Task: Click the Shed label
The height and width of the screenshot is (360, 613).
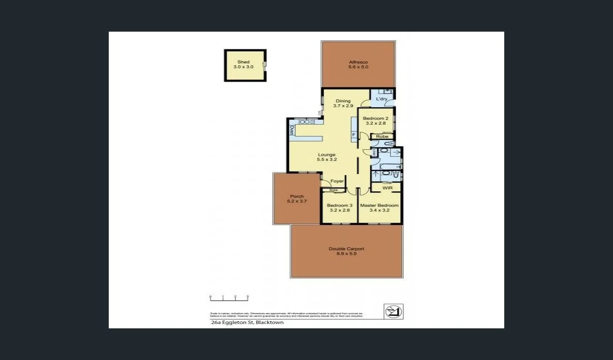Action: coord(243,62)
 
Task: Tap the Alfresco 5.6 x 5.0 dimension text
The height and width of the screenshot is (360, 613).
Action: coord(358,67)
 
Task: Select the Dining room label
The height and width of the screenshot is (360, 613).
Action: coord(343,101)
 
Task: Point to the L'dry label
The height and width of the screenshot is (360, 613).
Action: coord(381,99)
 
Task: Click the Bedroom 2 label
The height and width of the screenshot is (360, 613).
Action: coord(375,119)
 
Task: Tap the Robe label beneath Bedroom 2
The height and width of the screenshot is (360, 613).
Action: coord(382,136)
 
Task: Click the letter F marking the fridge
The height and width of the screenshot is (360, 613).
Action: coord(353,135)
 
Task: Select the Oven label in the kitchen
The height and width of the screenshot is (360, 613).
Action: coord(292,131)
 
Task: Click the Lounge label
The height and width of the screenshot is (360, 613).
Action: coord(327,155)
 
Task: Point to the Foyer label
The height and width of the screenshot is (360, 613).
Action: coord(337,181)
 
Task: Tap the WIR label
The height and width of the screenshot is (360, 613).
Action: coord(387,188)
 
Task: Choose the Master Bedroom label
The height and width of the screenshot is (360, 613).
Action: coord(379,205)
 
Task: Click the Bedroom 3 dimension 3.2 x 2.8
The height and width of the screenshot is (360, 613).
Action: coord(340,210)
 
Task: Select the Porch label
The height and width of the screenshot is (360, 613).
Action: coord(297,196)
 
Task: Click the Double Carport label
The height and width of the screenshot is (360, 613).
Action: coord(346,249)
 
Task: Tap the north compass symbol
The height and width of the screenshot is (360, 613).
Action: coord(394,312)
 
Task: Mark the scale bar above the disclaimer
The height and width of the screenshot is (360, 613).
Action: coord(229,298)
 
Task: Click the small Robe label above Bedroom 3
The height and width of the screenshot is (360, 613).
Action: coord(334,190)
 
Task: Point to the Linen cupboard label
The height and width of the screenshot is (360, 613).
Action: coord(374,153)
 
